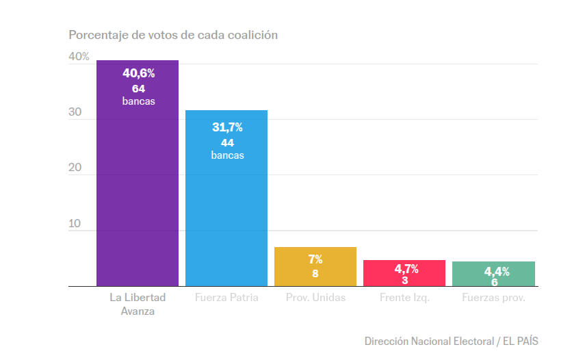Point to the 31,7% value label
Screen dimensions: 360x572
pyautogui.click(x=226, y=127)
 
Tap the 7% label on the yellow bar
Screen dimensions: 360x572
pyautogui.click(x=315, y=259)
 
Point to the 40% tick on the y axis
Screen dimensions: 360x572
pyautogui.click(x=79, y=57)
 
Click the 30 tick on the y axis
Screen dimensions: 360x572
pyautogui.click(x=75, y=113)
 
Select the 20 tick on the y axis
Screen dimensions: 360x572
pyautogui.click(x=75, y=168)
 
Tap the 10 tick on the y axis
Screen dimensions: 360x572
pyautogui.click(x=75, y=224)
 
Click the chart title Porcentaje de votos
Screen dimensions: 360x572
pyautogui.click(x=173, y=35)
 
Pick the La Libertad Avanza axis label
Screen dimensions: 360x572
pyautogui.click(x=138, y=304)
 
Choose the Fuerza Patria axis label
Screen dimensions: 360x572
pyautogui.click(x=226, y=298)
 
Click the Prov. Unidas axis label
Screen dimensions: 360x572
pyautogui.click(x=315, y=298)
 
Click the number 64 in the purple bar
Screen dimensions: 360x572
pyautogui.click(x=139, y=88)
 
